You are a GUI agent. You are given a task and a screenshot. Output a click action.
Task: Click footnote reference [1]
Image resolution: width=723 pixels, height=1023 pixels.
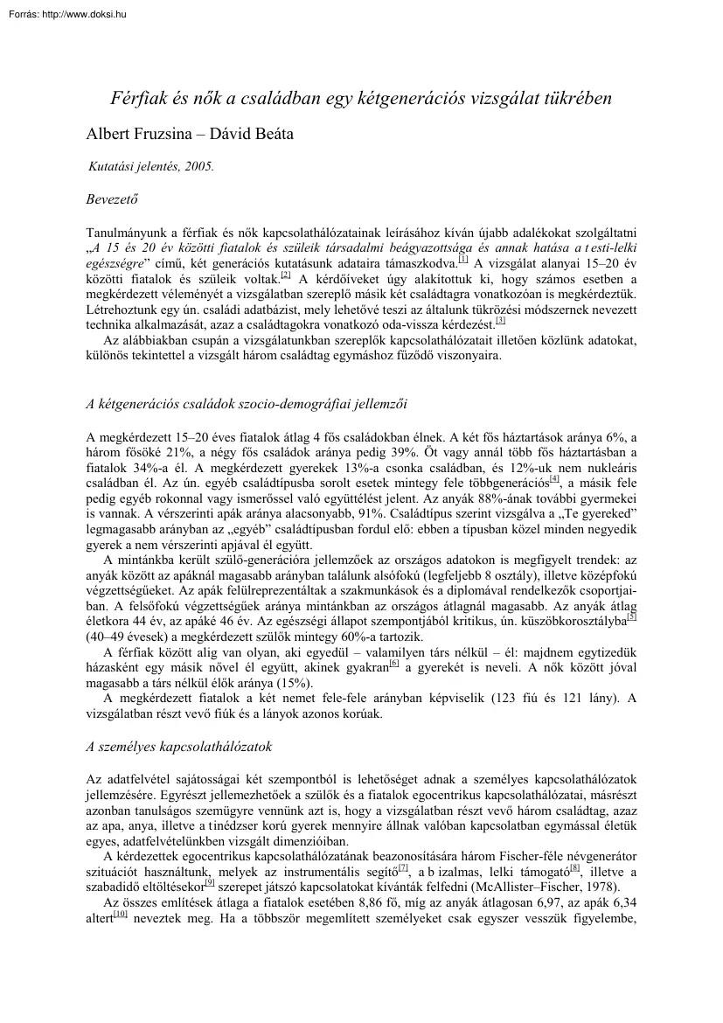pyautogui.click(x=463, y=259)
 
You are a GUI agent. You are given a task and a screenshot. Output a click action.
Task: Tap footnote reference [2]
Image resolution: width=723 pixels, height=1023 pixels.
pyautogui.click(x=286, y=275)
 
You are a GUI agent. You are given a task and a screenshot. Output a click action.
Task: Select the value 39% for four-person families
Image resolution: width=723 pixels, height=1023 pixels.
pyautogui.click(x=403, y=451)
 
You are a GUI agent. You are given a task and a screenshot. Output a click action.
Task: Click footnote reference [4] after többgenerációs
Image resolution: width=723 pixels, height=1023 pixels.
pyautogui.click(x=554, y=479)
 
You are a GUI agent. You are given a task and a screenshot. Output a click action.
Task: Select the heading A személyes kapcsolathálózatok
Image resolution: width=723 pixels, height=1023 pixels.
pyautogui.click(x=179, y=747)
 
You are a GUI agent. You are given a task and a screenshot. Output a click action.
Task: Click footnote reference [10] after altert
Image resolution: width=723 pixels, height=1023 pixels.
pyautogui.click(x=121, y=915)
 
